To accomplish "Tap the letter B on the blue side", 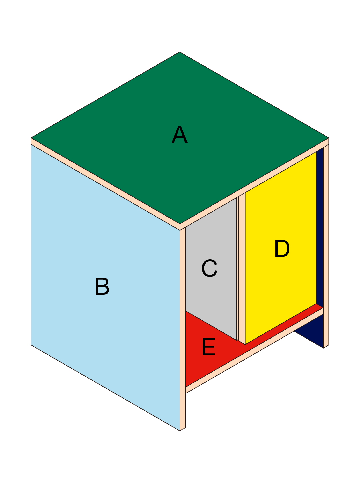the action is point(102,286).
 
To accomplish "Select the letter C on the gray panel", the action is point(209,268).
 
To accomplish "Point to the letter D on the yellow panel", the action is point(282,249).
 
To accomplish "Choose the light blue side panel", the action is point(105,288).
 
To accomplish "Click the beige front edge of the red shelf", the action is point(254,351).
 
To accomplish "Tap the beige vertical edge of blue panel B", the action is point(183,329).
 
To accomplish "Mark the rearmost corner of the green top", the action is point(180,52).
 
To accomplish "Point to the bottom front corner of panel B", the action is point(180,431).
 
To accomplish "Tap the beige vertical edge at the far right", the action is point(326,246).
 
